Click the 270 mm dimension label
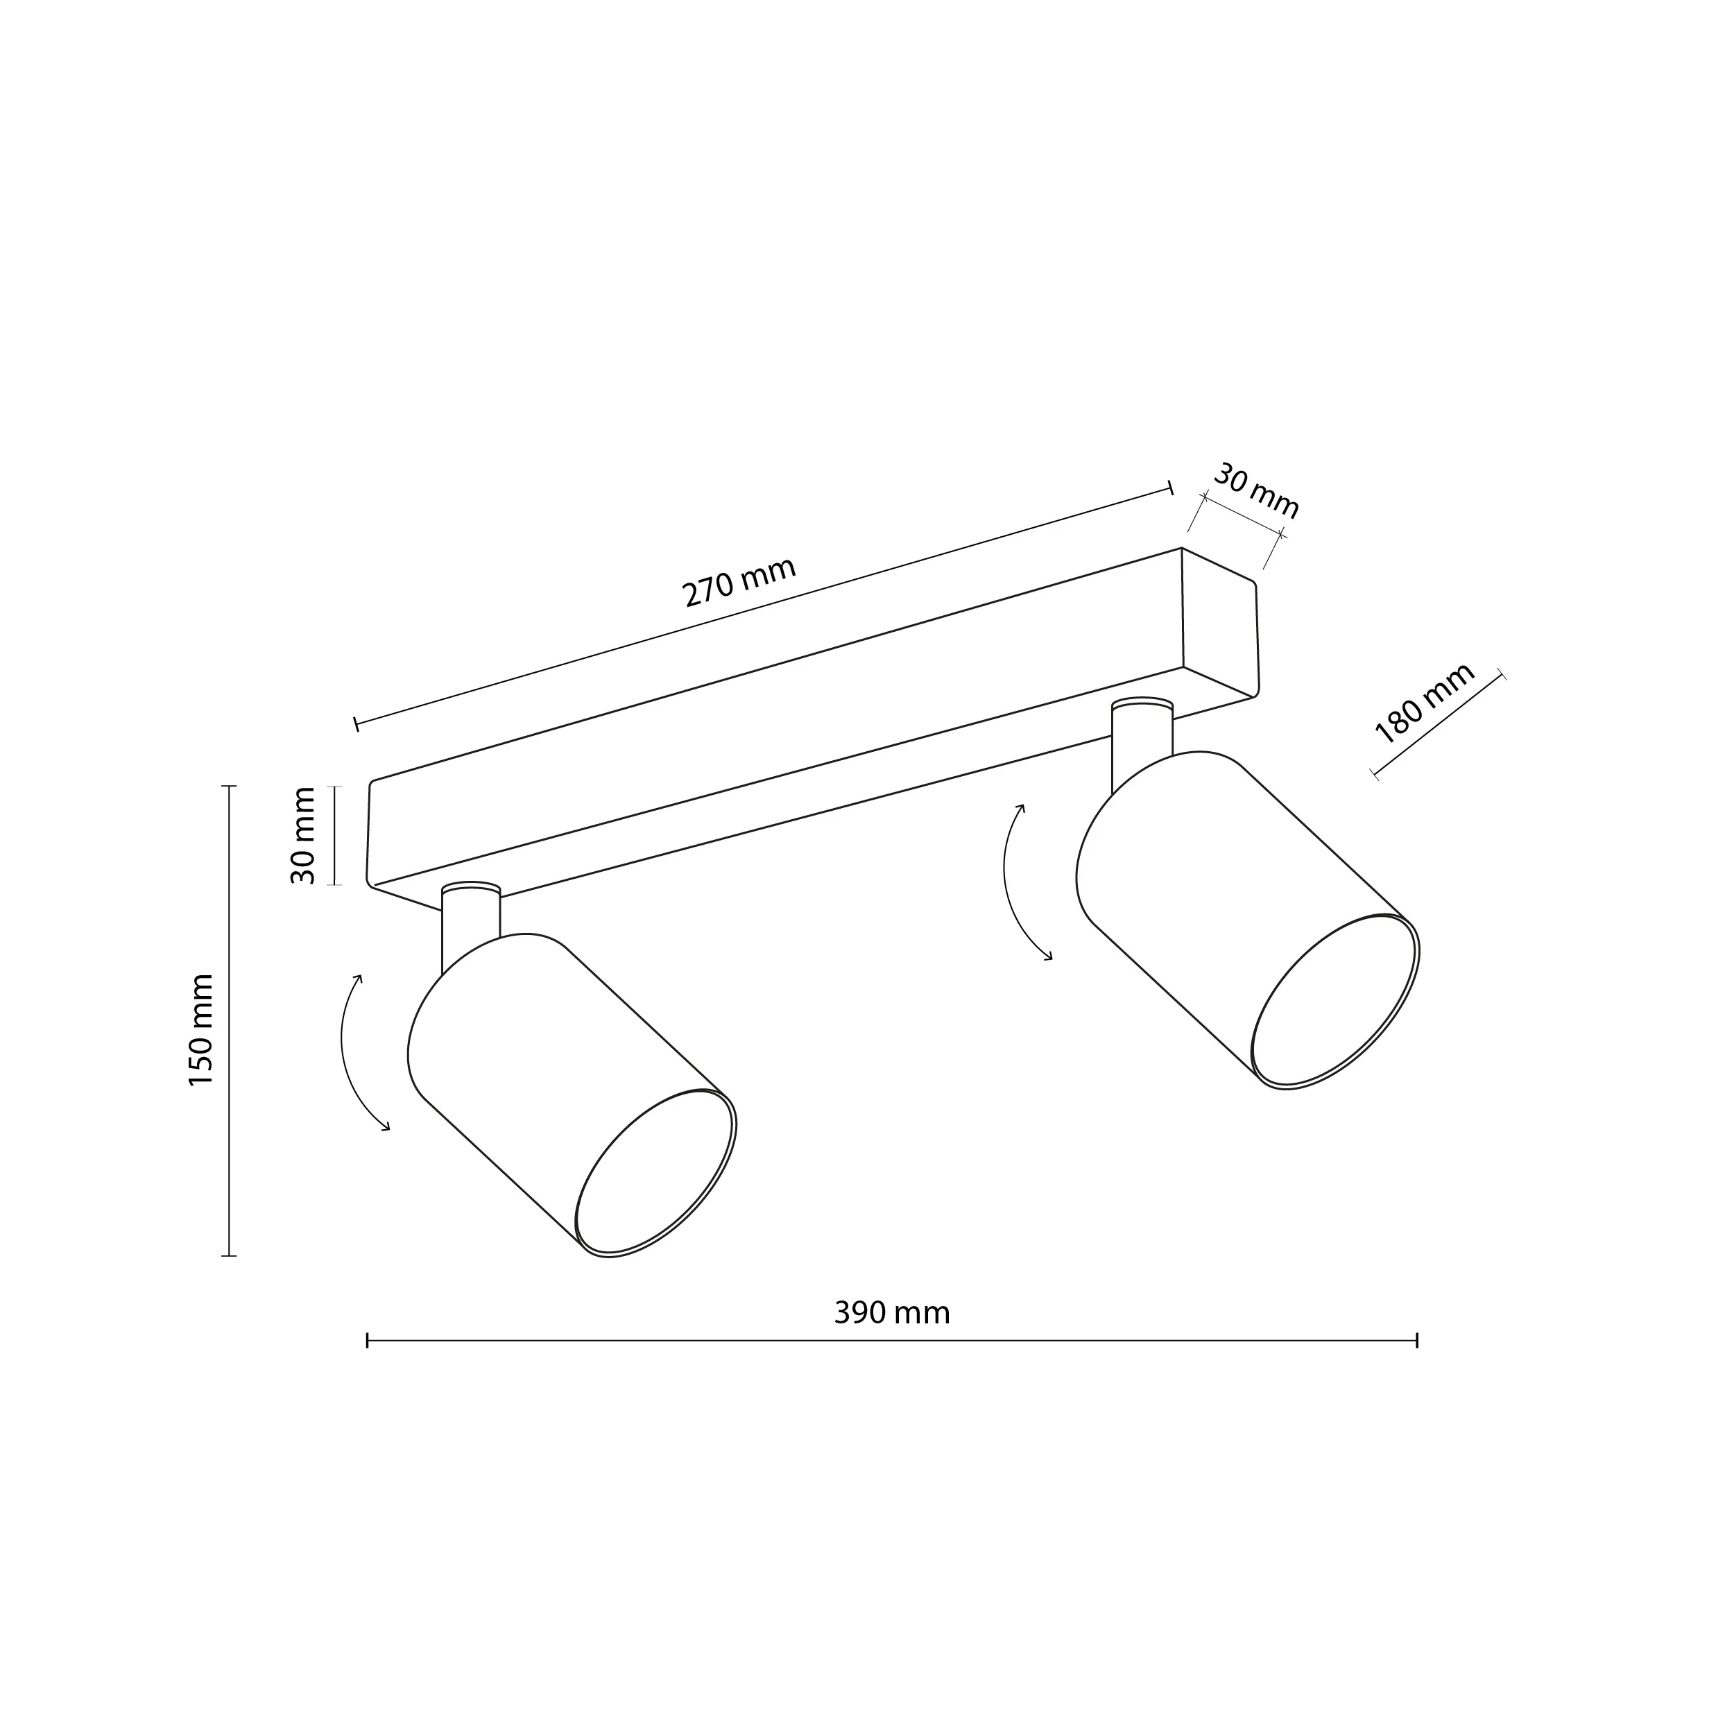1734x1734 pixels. point(739,582)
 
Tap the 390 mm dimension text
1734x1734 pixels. point(891,1313)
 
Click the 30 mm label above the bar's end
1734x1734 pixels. point(1255,492)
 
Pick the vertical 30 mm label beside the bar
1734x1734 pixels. point(303,836)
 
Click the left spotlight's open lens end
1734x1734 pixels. point(655,1173)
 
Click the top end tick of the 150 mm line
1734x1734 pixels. point(229,787)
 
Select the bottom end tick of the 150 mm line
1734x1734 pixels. point(229,1255)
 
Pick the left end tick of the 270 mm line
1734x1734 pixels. point(357,723)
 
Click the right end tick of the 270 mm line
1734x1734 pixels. point(1170,488)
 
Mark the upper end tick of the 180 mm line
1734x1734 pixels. point(1502,675)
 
